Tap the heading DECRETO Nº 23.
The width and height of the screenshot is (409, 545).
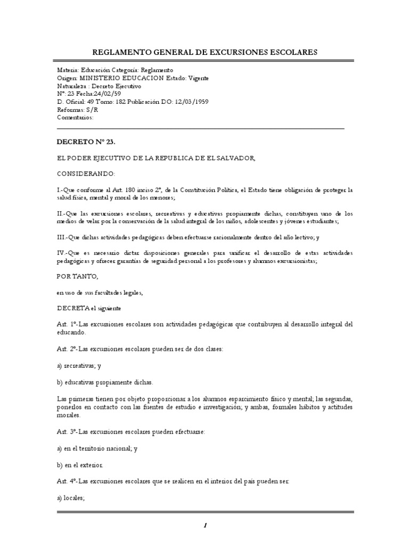86,143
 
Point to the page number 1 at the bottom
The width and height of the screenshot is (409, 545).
204,525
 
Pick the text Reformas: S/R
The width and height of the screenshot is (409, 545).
78,109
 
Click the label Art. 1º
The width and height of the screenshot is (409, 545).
67,324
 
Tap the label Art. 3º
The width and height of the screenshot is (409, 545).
67,432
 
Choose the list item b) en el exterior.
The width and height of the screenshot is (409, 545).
80,465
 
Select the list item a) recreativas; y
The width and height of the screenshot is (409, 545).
79,367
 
